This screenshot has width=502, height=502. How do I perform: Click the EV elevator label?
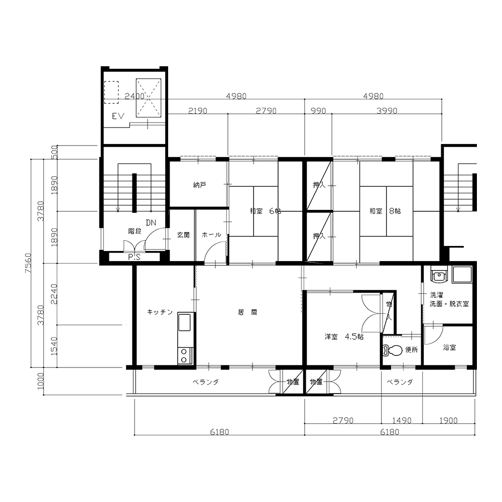pos(118,116)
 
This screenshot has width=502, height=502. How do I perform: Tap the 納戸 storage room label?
pos(199,185)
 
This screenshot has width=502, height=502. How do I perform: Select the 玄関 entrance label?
pos(183,235)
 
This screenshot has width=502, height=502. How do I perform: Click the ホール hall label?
pos(211,235)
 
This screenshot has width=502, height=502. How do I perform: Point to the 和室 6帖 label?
pos(266,211)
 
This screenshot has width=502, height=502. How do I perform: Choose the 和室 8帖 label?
pos(385,211)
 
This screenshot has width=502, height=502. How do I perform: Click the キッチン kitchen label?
pos(160,312)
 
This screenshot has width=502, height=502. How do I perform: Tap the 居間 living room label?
pos(247,312)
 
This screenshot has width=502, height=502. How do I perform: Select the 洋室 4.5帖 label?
pos(344,337)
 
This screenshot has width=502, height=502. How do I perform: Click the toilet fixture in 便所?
pos(392,350)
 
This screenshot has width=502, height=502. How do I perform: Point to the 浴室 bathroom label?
pos(449,347)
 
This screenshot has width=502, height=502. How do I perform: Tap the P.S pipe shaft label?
pos(134,257)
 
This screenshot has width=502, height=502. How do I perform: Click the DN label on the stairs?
pos(151,222)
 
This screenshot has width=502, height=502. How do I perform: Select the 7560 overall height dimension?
pos(28,263)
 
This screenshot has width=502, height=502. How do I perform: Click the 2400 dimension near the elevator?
pos(135,96)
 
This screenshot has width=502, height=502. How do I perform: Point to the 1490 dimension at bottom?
pos(402,420)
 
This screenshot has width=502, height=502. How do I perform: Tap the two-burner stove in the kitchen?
pos(184,356)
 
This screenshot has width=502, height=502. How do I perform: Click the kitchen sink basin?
pos(184,322)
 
